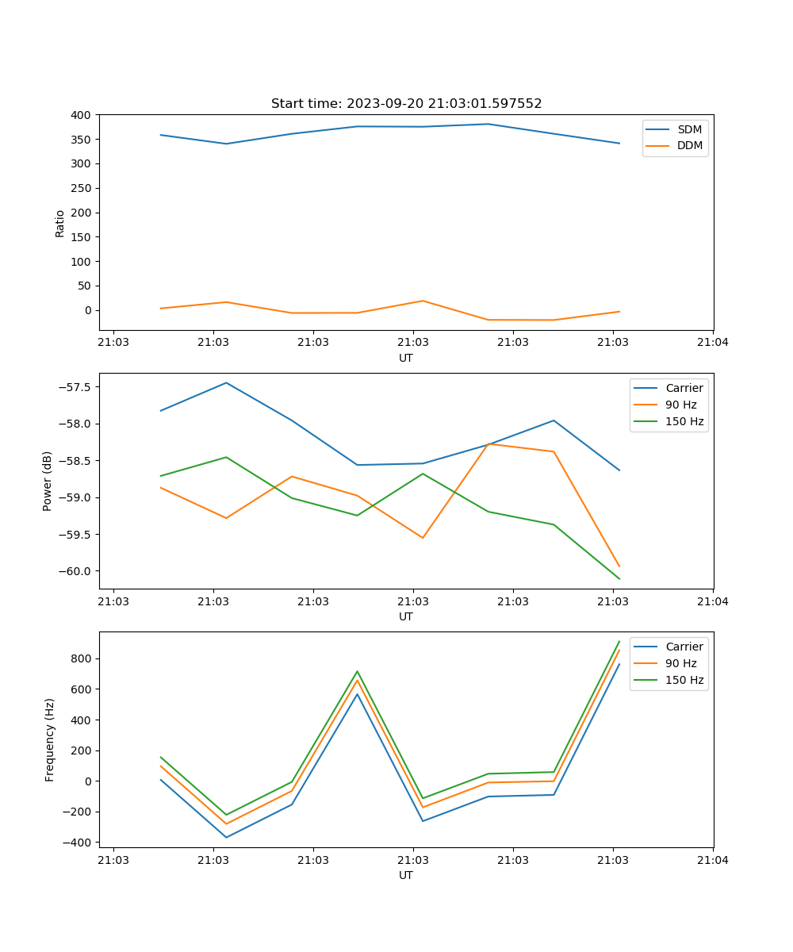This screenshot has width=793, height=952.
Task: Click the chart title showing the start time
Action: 406,104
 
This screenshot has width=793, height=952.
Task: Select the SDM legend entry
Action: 689,129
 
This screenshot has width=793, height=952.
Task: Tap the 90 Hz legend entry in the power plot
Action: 681,405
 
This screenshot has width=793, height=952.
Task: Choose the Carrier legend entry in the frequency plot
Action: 684,647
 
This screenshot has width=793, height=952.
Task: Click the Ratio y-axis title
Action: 60,224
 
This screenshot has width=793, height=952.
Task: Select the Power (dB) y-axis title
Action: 48,481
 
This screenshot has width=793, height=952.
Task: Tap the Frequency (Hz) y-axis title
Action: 50,739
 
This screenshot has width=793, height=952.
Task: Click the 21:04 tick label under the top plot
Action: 712,343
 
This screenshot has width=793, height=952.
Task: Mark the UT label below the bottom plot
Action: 406,875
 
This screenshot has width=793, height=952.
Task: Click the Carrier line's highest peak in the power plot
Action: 226,383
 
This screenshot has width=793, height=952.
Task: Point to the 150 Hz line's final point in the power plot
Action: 619,579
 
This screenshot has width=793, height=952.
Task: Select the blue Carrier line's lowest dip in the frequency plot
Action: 226,837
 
